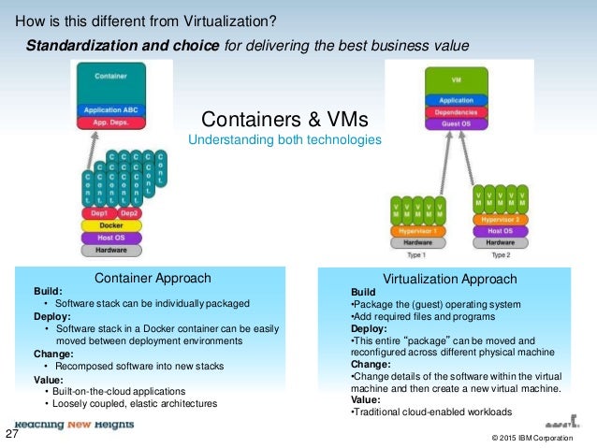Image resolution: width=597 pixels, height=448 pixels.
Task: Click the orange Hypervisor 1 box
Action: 419,229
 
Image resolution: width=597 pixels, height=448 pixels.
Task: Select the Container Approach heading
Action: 153,278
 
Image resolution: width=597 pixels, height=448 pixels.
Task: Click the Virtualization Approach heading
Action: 450,279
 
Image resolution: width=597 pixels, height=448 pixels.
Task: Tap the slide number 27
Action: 13,434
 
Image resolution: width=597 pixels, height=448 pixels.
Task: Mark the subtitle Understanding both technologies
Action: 284,139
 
